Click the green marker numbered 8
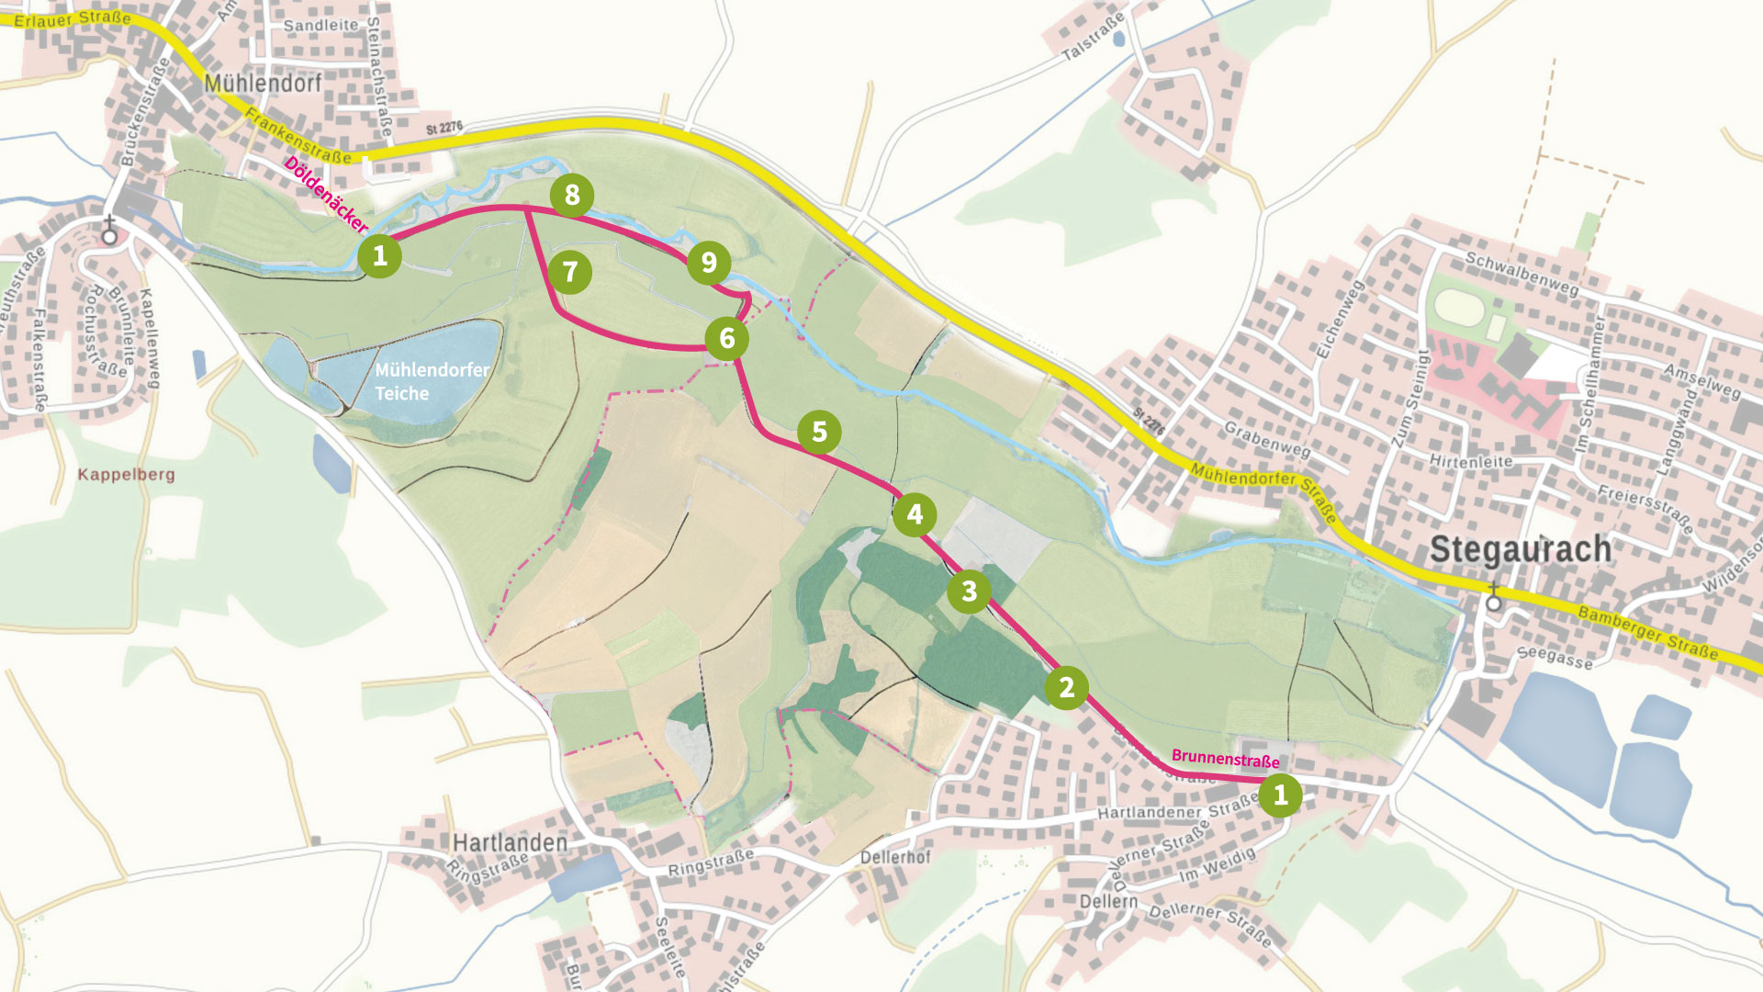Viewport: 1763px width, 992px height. pos(572,195)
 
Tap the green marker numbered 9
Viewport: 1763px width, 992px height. pos(709,263)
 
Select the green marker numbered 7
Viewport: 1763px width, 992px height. pos(570,272)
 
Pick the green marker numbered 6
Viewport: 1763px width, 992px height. pos(727,339)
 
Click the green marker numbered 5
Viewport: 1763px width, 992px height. pos(819,432)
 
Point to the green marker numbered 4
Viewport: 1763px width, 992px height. pos(915,514)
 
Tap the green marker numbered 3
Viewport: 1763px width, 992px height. pos(970,592)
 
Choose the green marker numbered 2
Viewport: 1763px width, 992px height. pos(1066,687)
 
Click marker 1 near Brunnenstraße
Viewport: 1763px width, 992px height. pos(1280,795)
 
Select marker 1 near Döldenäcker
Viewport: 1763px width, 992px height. pos(379,255)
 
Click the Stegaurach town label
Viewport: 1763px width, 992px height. pos(1521,549)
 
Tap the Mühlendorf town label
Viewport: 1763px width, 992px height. pos(263,84)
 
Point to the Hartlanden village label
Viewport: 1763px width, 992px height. pos(510,842)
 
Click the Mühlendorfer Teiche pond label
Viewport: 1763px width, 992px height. pos(431,381)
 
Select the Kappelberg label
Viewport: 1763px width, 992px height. pos(126,475)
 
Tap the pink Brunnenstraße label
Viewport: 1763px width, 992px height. pos(1225,759)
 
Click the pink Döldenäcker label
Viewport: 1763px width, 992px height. pos(325,194)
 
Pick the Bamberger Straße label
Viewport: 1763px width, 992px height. pos(1647,632)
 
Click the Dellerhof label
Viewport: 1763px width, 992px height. pos(895,857)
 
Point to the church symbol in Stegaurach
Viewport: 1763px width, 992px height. pos(1494,598)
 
